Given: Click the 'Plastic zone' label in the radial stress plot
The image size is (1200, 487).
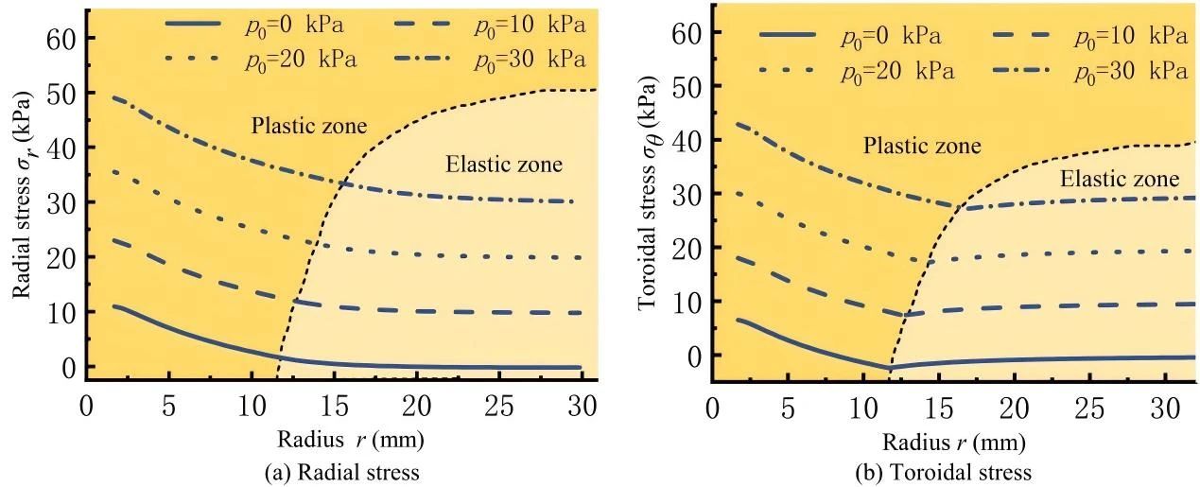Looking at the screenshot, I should click(x=308, y=126).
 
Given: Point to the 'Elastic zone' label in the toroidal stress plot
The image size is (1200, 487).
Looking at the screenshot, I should click(x=1120, y=179).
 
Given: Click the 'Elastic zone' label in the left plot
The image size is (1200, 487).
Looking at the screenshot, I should click(x=503, y=165).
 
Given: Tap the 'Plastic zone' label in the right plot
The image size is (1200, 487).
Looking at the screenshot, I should click(x=921, y=146).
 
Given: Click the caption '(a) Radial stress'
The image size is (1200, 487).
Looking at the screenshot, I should click(x=340, y=472).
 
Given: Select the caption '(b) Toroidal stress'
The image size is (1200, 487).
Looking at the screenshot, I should click(x=952, y=472).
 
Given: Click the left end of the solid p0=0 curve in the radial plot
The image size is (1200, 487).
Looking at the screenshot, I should click(x=113, y=305).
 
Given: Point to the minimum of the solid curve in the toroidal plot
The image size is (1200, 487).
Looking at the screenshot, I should click(x=889, y=368).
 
